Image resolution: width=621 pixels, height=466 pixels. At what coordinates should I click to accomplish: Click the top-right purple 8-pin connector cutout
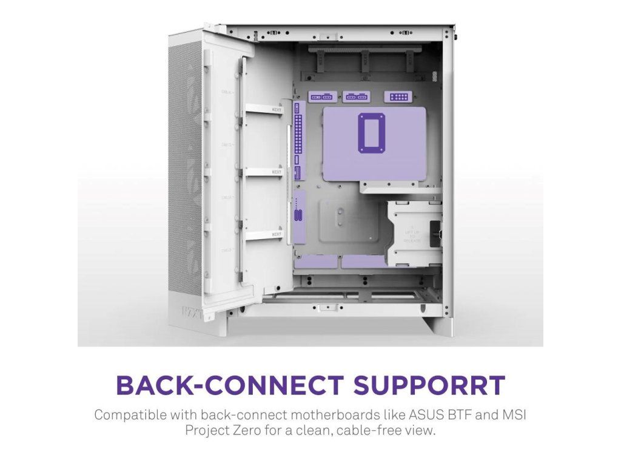[x=398, y=96]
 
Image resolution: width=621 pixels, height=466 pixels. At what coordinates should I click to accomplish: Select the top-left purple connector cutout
[x=321, y=96]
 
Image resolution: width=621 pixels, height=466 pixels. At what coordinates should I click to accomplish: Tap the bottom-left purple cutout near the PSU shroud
[x=316, y=262]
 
